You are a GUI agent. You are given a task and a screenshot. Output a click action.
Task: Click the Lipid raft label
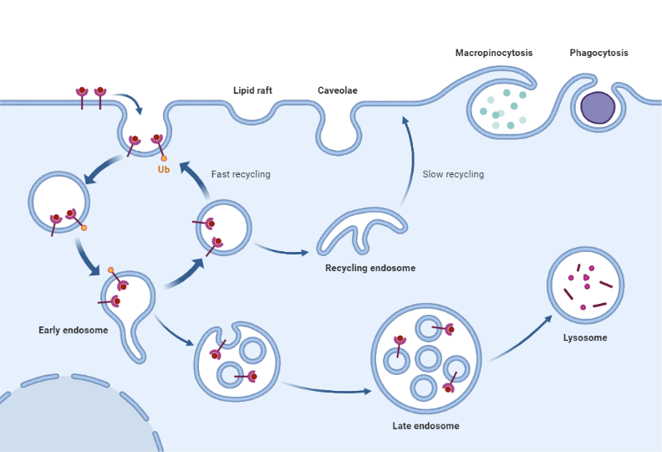[x=252, y=90]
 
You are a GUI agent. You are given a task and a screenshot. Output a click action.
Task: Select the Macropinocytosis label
[x=493, y=53]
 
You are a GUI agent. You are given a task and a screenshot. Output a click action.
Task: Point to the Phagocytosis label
[x=598, y=53]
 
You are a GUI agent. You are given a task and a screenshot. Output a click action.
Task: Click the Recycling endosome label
[x=370, y=268]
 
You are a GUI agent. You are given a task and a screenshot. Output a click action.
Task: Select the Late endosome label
[x=425, y=426]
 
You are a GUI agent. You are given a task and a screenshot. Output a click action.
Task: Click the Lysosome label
[x=585, y=338]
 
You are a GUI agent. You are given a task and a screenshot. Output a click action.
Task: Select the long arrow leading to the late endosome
[x=326, y=388]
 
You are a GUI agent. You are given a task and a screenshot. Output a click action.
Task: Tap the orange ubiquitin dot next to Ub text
[x=164, y=158]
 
